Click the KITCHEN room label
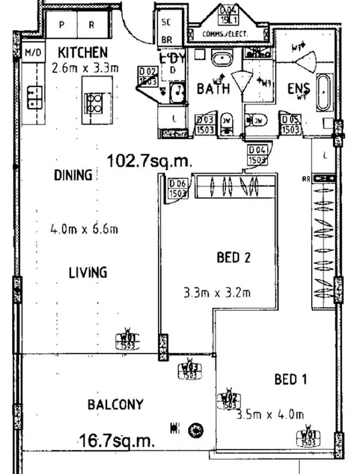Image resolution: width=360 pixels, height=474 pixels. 82,52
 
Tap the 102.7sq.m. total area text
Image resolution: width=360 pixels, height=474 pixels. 150,161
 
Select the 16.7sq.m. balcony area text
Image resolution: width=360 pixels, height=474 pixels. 116,441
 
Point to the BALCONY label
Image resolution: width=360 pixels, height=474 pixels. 115,404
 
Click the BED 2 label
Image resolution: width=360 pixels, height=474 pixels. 234,256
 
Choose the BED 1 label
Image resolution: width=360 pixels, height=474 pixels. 290,380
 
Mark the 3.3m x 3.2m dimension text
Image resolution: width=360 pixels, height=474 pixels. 217,292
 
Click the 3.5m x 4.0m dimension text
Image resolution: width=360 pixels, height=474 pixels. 270,414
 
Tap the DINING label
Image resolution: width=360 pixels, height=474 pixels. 72,176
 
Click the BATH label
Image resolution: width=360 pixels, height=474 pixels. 213,88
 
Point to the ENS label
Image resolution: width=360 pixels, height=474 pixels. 297,88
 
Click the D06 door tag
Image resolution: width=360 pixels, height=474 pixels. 178,189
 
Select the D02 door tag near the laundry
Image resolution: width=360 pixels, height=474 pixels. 148,74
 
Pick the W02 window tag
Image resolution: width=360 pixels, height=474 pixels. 229,400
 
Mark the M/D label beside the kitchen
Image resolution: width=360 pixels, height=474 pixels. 32,53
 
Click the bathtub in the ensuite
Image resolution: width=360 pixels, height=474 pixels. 323,92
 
